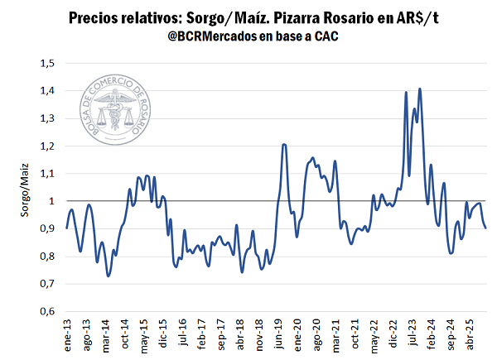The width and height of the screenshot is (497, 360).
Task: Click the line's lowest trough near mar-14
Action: click(109, 276)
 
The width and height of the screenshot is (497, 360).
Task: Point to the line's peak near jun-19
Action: click(284, 145)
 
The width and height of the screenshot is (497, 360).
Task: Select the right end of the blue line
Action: click(486, 228)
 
